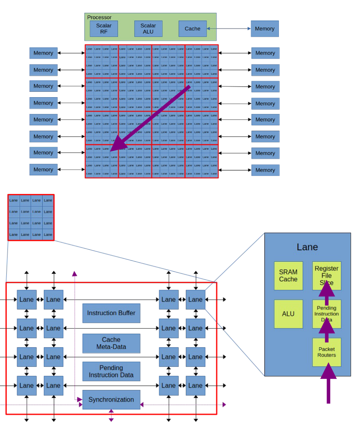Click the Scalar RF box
pyautogui.click(x=104, y=29)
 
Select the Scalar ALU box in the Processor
pyautogui.click(x=148, y=29)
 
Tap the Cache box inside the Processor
pyautogui.click(x=192, y=29)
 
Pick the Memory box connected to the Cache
pyautogui.click(x=264, y=29)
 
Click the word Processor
pyautogui.click(x=99, y=17)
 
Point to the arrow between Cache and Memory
pyautogui.click(x=229, y=29)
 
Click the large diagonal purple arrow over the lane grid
pyautogui.click(x=151, y=118)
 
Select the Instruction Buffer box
pyautogui.click(x=111, y=313)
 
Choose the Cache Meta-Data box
pyautogui.click(x=111, y=343)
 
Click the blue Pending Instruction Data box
pyautogui.click(x=111, y=371)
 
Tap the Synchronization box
pyautogui.click(x=111, y=399)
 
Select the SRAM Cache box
pyautogui.click(x=288, y=275)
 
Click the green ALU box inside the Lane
pyautogui.click(x=288, y=314)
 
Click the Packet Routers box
pyautogui.click(x=326, y=352)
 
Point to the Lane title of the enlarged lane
pyautogui.click(x=307, y=247)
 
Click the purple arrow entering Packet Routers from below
pyautogui.click(x=328, y=385)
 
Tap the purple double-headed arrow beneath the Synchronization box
pyautogui.click(x=111, y=415)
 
